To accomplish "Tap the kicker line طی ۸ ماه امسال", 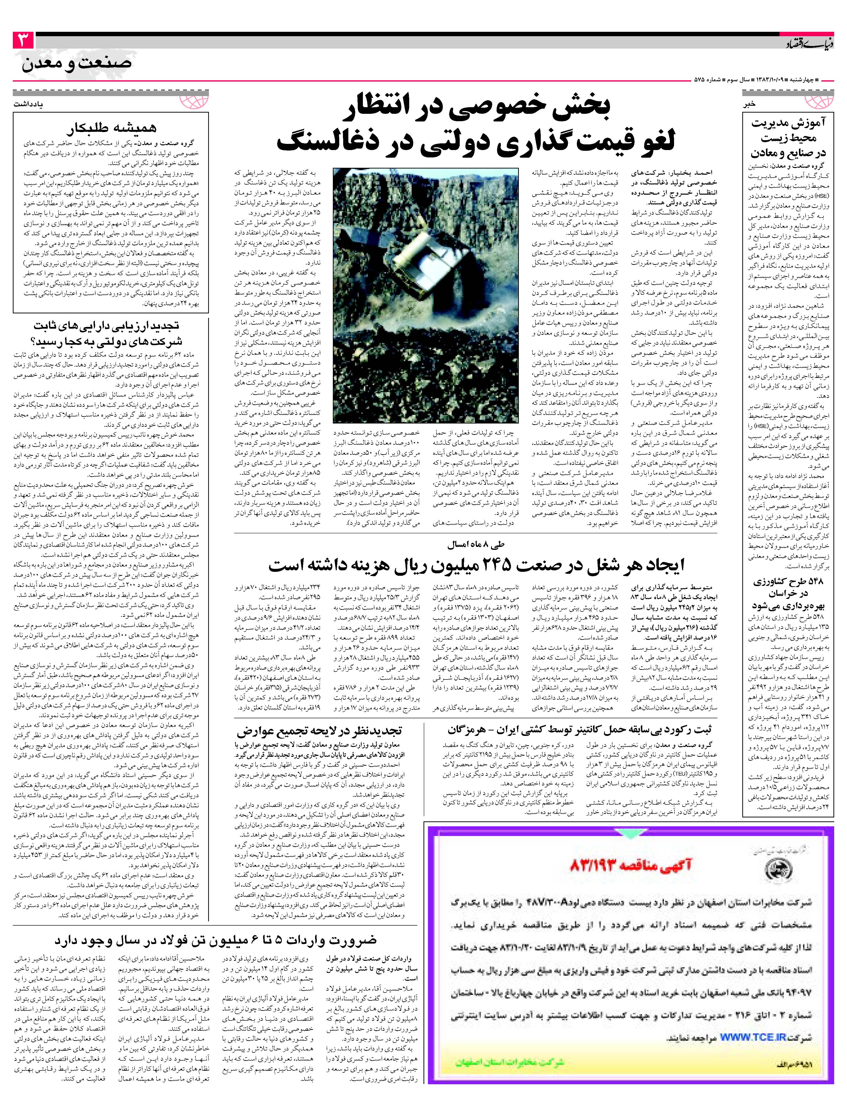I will [x=475, y=545].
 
